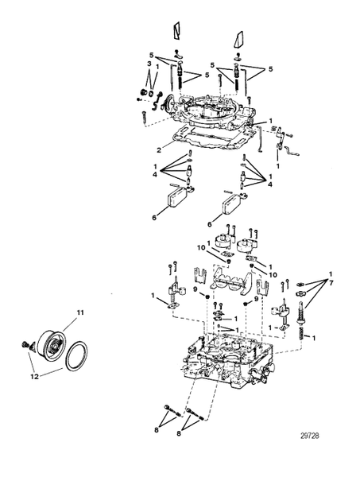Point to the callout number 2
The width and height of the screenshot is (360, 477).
(x=160, y=149)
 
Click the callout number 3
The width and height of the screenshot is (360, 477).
(x=149, y=64)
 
